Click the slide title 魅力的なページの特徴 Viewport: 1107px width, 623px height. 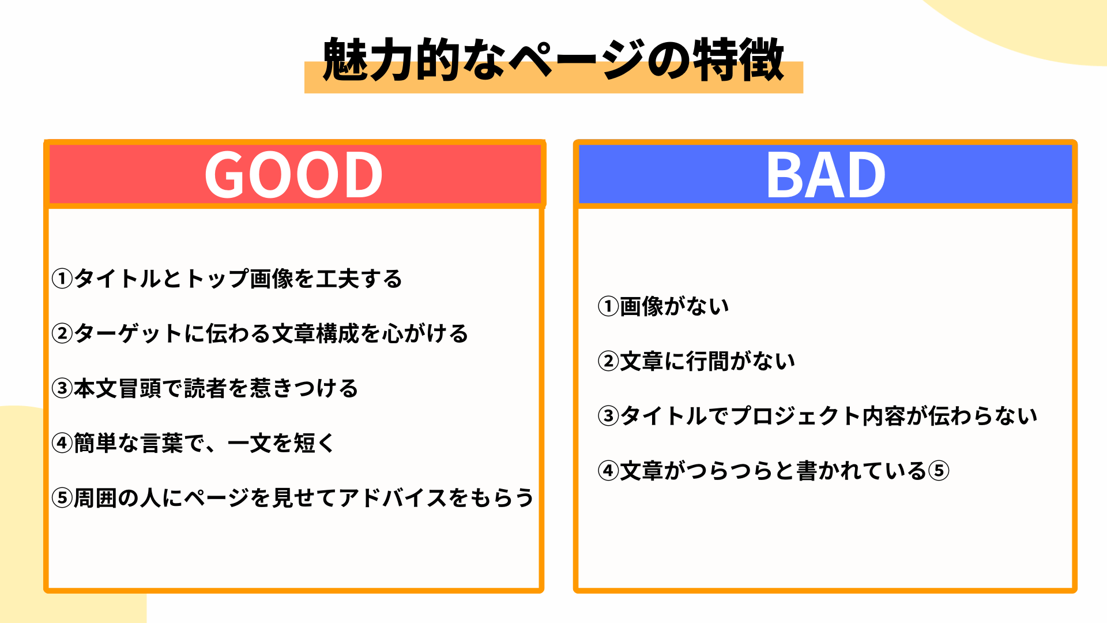[x=553, y=60]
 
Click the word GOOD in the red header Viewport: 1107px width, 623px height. [x=294, y=175]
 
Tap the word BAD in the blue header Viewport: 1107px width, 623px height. [x=826, y=175]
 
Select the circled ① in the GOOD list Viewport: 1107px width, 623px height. [x=62, y=279]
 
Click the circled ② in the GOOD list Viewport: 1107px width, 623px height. [x=62, y=333]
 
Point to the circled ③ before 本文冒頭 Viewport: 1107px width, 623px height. [x=62, y=388]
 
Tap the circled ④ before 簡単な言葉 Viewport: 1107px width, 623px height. [x=62, y=443]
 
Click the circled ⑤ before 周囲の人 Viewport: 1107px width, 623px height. [x=62, y=498]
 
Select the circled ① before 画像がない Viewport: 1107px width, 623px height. [x=608, y=306]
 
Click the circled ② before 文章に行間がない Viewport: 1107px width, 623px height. [x=608, y=361]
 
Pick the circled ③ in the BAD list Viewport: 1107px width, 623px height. [x=608, y=416]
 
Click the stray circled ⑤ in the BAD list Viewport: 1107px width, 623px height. [x=939, y=471]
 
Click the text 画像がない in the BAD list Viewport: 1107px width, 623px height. [x=675, y=306]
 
